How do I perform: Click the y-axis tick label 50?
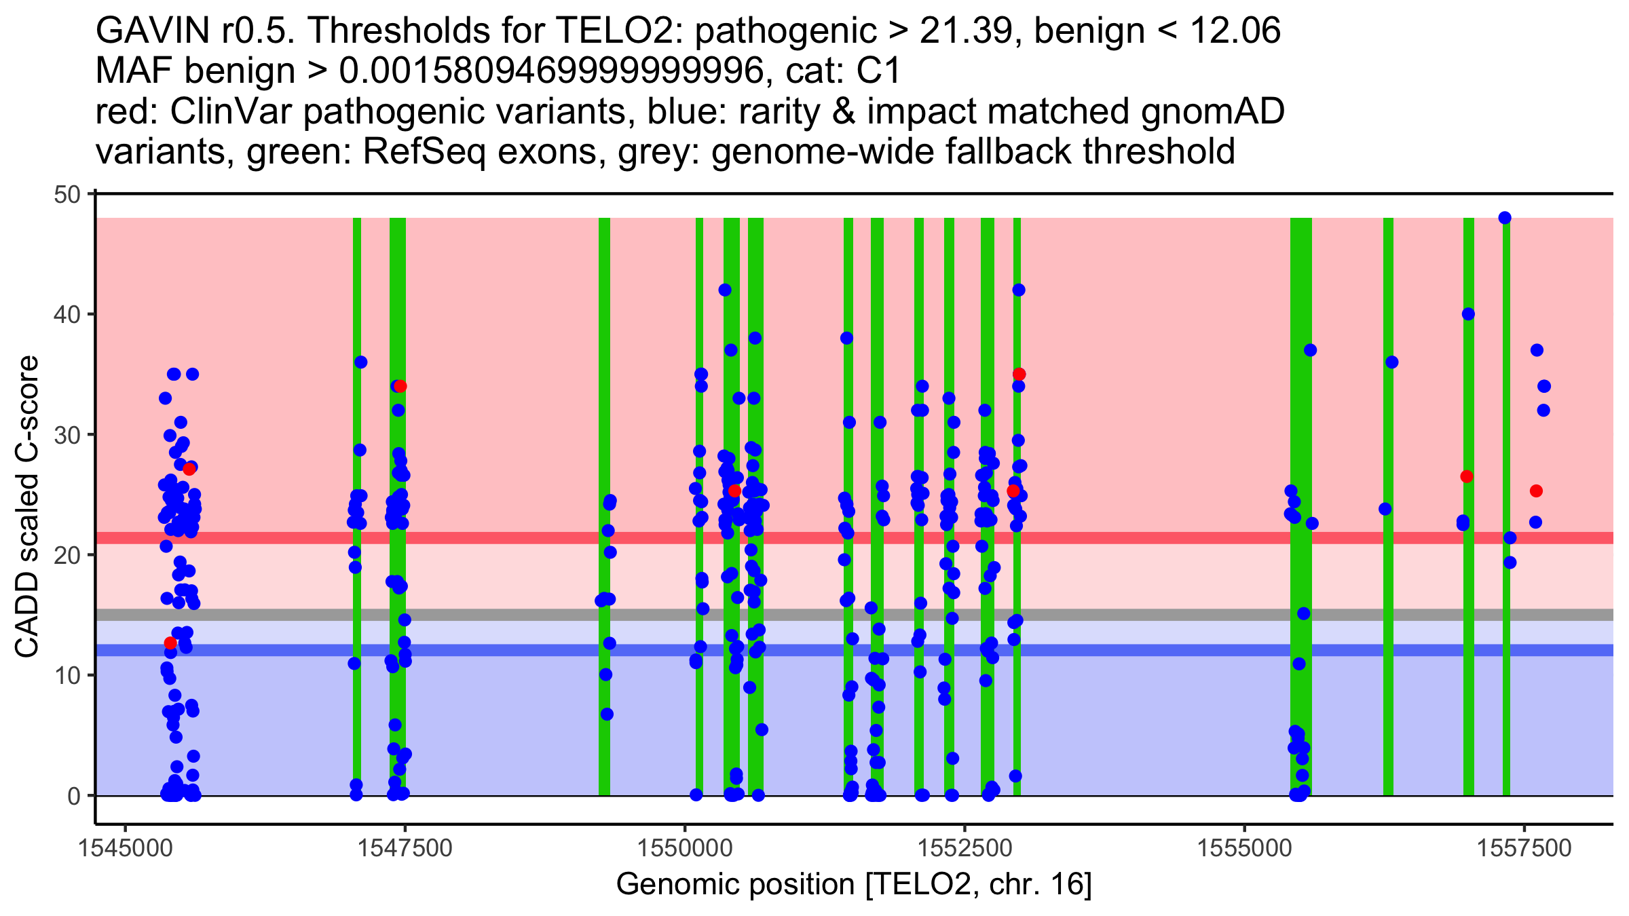click(67, 195)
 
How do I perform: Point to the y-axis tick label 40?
click(67, 315)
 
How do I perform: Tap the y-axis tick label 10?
click(67, 676)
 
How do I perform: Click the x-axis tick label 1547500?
click(405, 848)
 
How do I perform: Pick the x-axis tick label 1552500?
click(965, 848)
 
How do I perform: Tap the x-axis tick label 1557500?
click(1524, 848)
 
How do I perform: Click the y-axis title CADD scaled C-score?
click(27, 508)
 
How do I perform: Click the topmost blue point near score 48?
click(1505, 218)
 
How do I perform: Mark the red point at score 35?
click(1019, 375)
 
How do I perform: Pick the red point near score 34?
click(400, 386)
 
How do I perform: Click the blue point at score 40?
click(1468, 314)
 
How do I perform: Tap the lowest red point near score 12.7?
click(170, 643)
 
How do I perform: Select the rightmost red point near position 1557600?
click(1536, 491)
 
